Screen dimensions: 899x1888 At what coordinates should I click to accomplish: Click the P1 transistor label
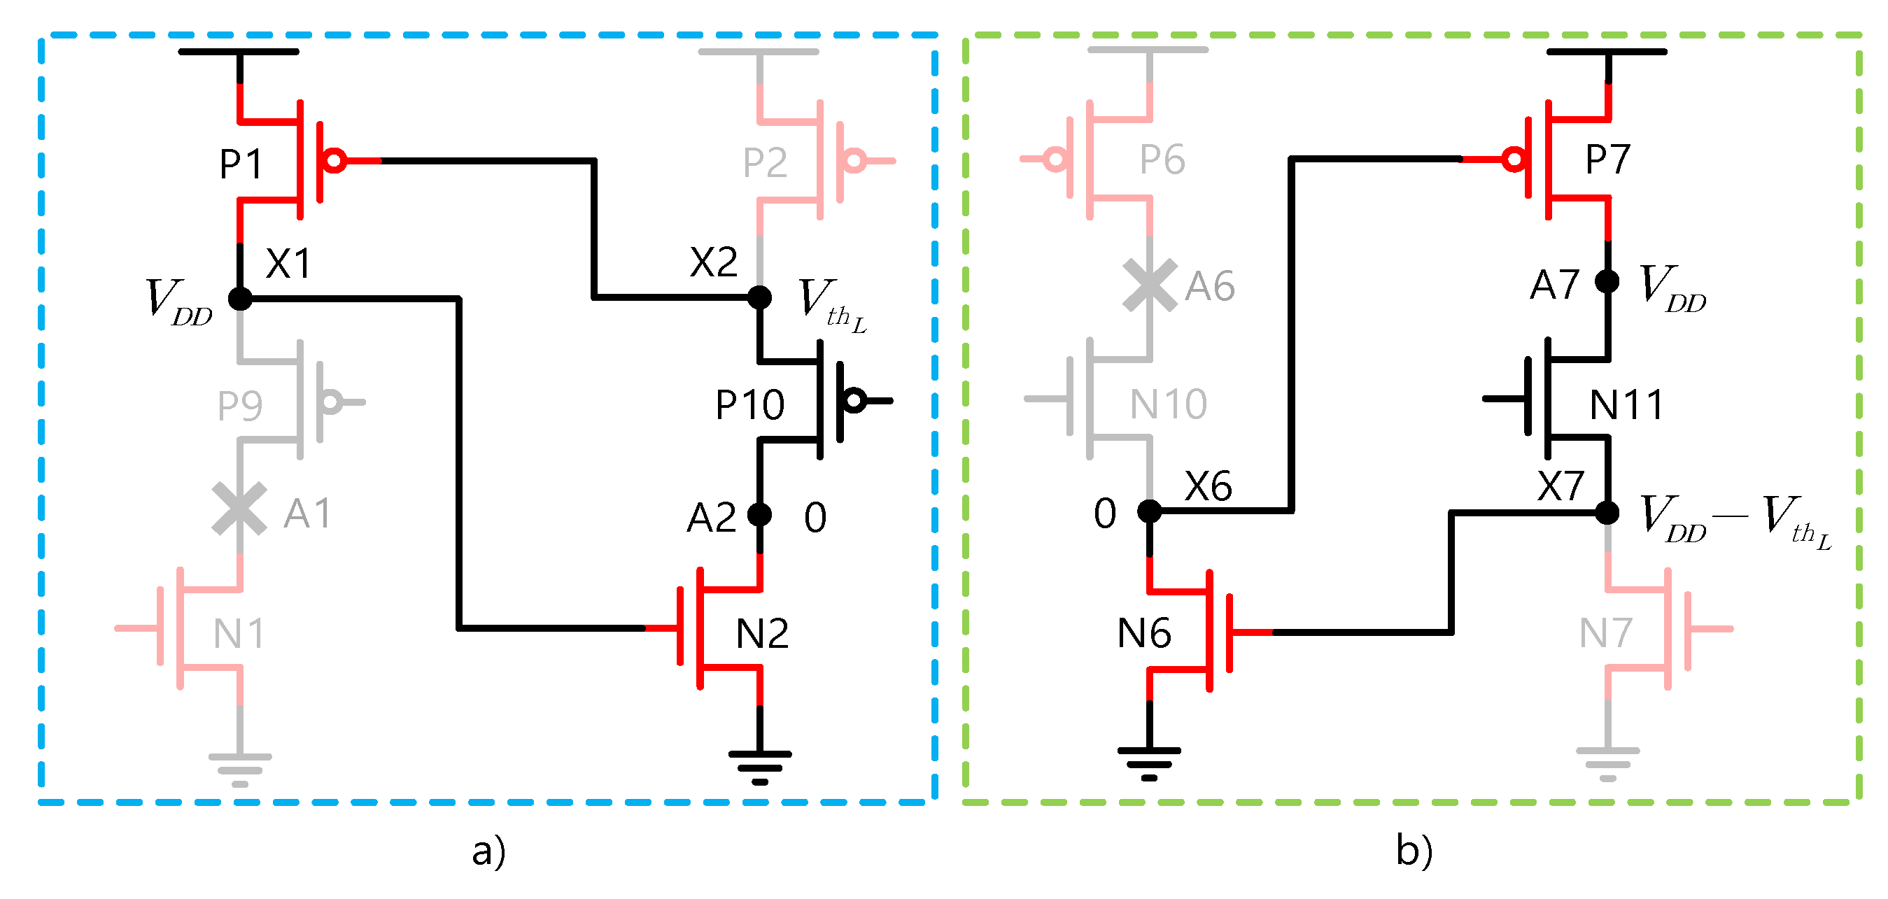coord(241,164)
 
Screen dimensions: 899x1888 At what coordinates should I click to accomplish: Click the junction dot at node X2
coord(759,297)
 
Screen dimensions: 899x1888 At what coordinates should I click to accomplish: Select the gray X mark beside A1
coord(239,509)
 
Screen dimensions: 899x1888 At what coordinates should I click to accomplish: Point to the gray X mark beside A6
coord(1150,285)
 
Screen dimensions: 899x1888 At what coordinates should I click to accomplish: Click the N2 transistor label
coord(762,633)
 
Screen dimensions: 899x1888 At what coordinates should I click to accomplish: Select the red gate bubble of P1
coord(335,160)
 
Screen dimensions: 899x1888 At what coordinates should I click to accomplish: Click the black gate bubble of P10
coord(854,400)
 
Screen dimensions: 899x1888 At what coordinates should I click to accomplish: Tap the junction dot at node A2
coord(759,514)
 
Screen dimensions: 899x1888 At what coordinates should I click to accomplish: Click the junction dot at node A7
coord(1607,281)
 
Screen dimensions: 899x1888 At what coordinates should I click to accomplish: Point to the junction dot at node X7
coord(1607,512)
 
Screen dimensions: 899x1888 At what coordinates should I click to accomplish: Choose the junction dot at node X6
coord(1149,511)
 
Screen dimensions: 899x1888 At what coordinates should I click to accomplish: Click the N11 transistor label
coord(1626,404)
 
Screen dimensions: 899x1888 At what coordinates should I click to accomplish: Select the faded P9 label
coord(239,405)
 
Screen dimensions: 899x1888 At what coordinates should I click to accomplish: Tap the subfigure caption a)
coord(489,851)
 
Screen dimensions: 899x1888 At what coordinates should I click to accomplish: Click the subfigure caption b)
coord(1414,851)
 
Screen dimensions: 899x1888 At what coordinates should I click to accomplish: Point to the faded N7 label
coord(1605,633)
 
